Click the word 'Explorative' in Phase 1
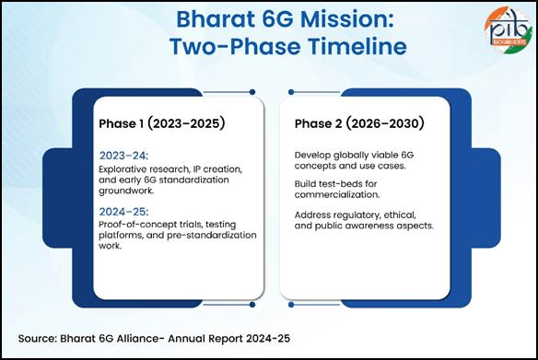click(x=124, y=170)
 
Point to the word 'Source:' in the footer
click(x=40, y=338)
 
